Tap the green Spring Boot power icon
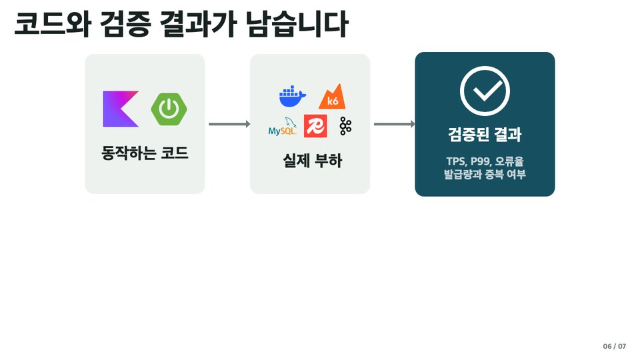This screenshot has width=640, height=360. tap(169, 109)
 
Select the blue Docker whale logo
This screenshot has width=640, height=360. tap(293, 96)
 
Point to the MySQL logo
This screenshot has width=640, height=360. tap(282, 127)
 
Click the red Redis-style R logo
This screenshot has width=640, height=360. tap(315, 126)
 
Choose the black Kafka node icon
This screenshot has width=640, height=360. tap(345, 126)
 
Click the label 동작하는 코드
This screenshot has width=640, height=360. tap(145, 153)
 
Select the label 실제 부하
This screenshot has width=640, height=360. tap(312, 161)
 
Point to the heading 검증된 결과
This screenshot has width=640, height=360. tap(485, 134)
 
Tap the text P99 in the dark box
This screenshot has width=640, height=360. tap(481, 161)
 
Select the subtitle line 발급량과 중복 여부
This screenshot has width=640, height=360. tap(485, 174)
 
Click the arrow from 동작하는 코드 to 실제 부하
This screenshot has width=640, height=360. tap(229, 124)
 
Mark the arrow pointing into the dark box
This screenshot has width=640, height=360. tap(394, 124)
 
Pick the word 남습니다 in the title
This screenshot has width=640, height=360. tap(297, 25)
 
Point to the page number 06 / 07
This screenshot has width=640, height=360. tap(614, 346)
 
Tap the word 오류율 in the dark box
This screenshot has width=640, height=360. tap(509, 161)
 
